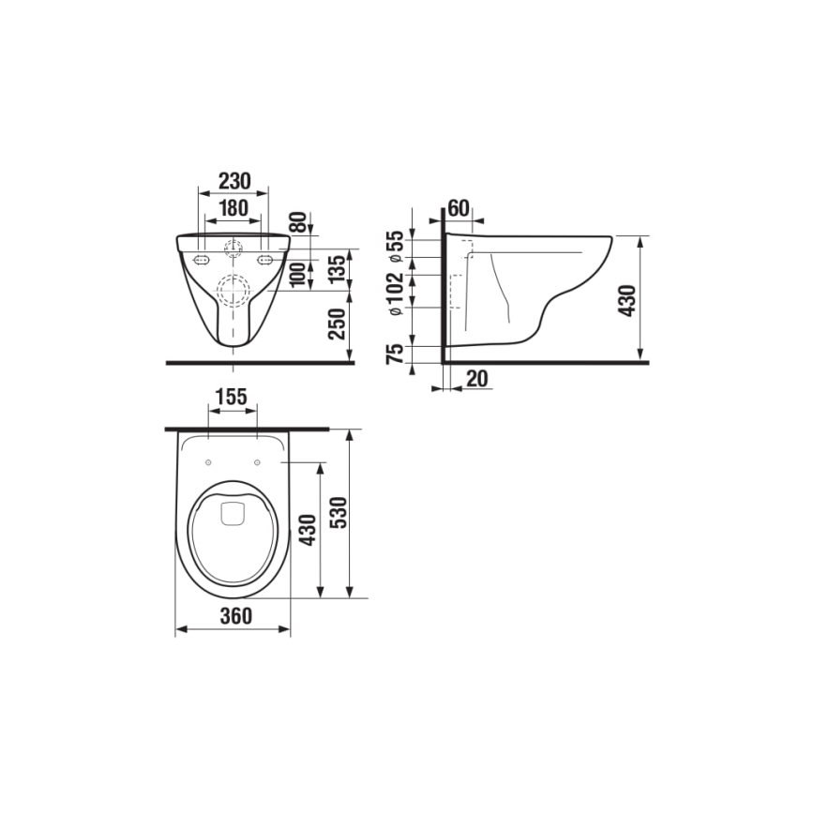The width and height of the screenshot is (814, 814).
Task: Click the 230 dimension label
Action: (x=233, y=180)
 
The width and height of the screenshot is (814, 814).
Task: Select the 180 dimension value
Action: (x=233, y=208)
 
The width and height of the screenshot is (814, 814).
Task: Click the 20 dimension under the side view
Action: (x=476, y=378)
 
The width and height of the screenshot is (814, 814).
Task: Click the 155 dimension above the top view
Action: (x=231, y=397)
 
